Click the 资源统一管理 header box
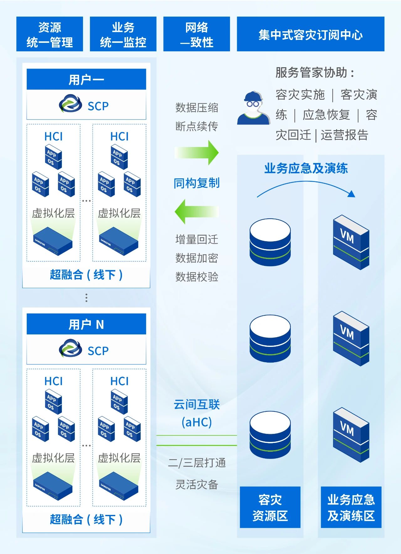click(49, 34)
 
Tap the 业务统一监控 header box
click(123, 34)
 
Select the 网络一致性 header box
click(196, 34)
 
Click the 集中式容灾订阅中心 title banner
click(310, 34)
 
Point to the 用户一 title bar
click(86, 79)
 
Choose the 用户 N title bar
click(86, 324)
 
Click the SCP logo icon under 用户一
click(70, 104)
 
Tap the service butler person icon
click(253, 108)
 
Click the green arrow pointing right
click(197, 153)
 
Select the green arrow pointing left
click(197, 212)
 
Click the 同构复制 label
click(197, 183)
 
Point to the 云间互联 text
click(197, 405)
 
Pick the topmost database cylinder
click(270, 242)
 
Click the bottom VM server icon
click(351, 435)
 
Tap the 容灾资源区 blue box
click(270, 507)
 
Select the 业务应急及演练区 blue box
click(351, 507)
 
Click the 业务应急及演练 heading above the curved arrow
click(306, 168)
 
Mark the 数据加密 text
click(197, 258)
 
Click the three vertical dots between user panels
click(86, 298)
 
